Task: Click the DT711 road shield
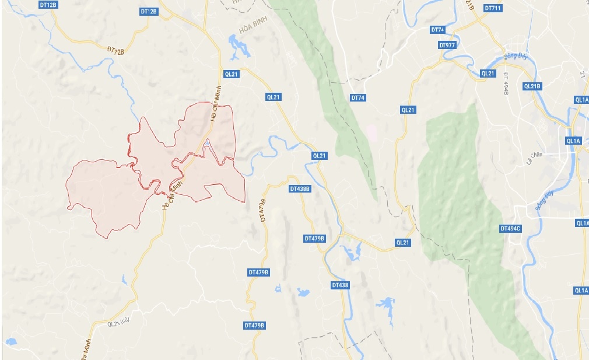(492, 8)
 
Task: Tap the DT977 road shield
(447, 45)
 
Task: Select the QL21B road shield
(532, 86)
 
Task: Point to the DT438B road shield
(300, 189)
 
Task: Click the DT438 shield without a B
(339, 285)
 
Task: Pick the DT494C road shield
(510, 228)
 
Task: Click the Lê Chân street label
(534, 156)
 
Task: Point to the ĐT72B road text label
(116, 52)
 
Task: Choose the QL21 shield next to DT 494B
(488, 74)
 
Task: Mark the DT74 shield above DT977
(437, 30)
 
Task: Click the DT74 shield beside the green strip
(357, 98)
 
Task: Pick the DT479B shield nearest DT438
(314, 239)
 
